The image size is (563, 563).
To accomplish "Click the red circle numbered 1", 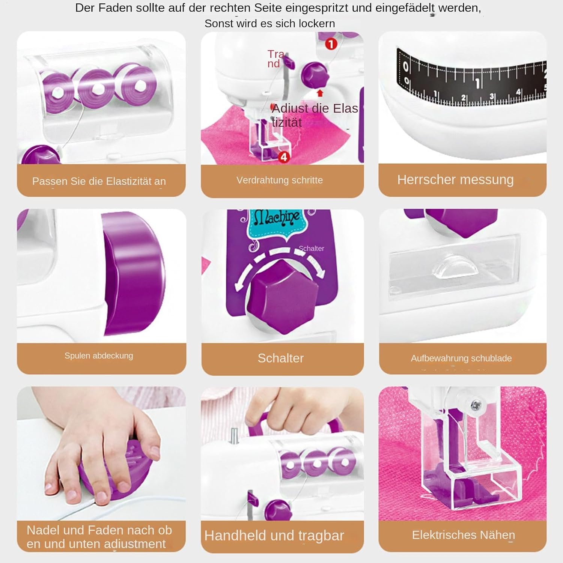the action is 331,44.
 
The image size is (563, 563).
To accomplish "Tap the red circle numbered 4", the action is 284,157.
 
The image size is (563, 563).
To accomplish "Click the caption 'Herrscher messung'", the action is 455,180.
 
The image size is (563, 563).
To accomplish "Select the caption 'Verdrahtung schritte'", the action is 280,180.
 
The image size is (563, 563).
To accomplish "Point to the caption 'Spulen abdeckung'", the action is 99,356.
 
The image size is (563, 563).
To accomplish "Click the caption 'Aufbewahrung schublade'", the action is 461,358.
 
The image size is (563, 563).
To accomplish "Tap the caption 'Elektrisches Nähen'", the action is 464,535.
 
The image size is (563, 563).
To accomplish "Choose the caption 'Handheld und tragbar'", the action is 274,536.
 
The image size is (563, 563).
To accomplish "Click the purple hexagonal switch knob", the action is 282,297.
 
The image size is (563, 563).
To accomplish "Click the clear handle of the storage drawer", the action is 455,264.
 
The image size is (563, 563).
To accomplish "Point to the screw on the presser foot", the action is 476,405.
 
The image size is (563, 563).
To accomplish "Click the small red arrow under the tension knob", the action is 320,93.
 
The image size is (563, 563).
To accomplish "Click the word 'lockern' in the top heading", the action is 318,24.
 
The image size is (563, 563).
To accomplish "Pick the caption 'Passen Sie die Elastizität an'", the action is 99,181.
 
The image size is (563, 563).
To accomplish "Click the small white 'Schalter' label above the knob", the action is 311,248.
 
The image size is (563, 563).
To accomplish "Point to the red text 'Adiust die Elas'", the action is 315,108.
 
